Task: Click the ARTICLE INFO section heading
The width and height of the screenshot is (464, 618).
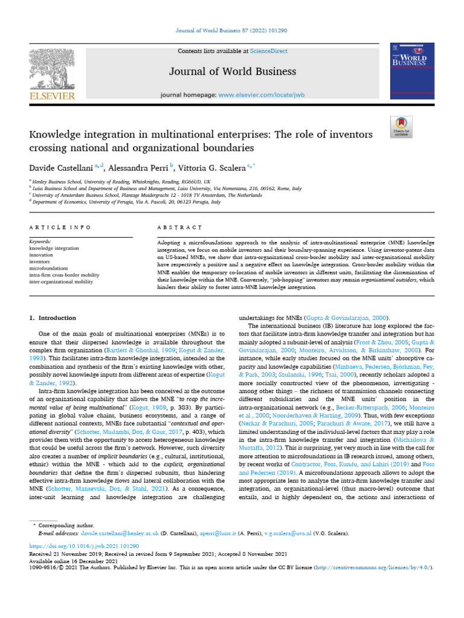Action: (60, 227)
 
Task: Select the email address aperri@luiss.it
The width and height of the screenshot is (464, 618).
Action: (215, 534)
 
